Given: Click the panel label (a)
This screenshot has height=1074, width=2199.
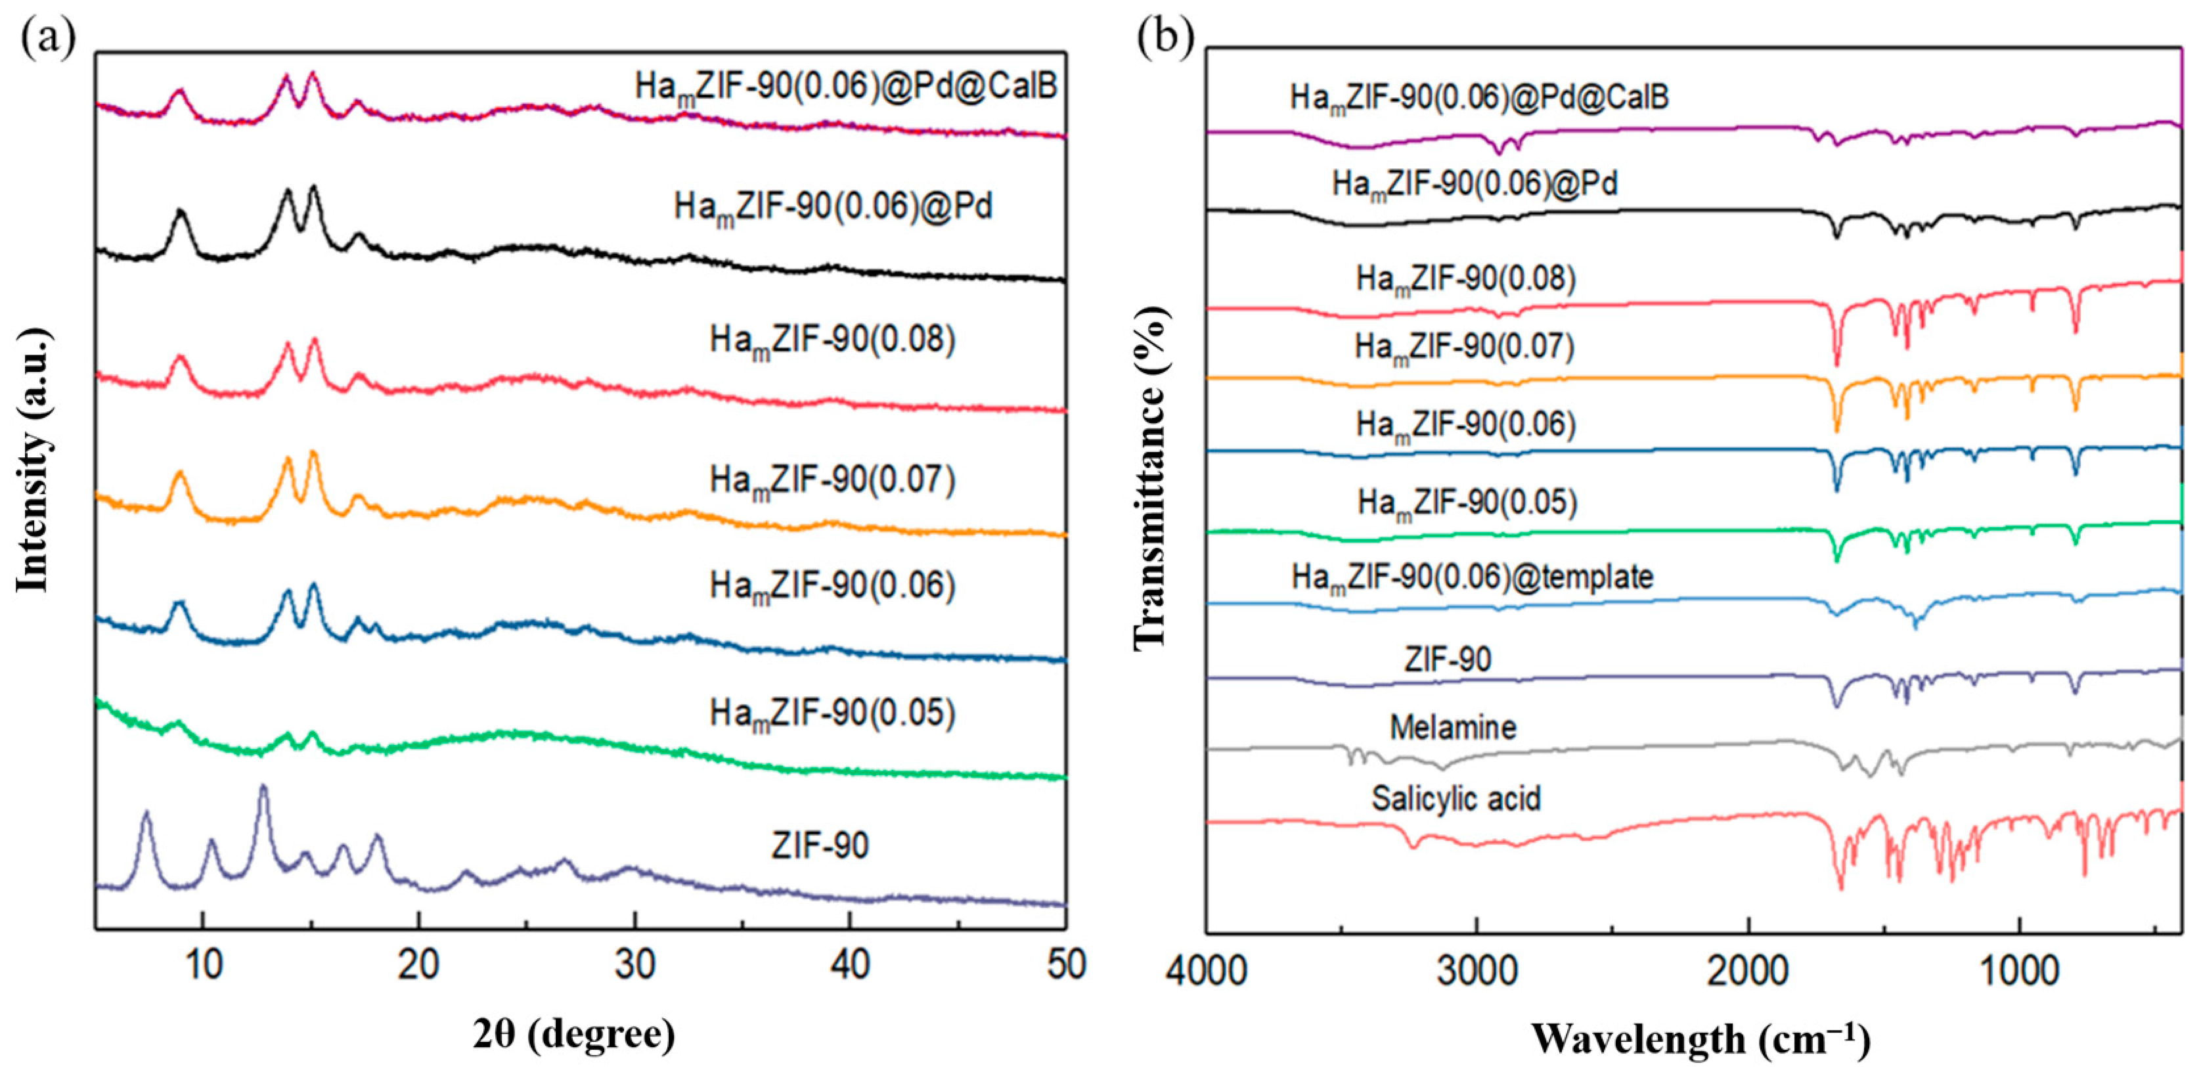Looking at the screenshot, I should pyautogui.click(x=48, y=38).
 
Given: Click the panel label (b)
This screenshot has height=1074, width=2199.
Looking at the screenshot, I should pyautogui.click(x=1165, y=38).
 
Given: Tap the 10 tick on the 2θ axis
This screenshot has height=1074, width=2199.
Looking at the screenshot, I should pyautogui.click(x=203, y=965).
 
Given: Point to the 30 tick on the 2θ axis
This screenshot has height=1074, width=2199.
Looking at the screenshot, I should pyautogui.click(x=634, y=965).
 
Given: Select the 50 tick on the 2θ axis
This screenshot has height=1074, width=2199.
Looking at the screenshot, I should pyautogui.click(x=1065, y=965).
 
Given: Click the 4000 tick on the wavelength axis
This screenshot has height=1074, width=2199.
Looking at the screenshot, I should pyautogui.click(x=1205, y=972).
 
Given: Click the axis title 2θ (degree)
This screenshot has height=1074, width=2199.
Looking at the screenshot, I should pyautogui.click(x=573, y=1034).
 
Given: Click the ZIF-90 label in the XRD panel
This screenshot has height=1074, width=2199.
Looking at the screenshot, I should pyautogui.click(x=820, y=845).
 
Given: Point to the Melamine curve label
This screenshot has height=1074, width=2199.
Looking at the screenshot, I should pyautogui.click(x=1453, y=727).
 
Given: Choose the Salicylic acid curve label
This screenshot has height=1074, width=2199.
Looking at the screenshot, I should pyautogui.click(x=1456, y=798).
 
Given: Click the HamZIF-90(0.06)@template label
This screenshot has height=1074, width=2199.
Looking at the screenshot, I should pyautogui.click(x=1472, y=578).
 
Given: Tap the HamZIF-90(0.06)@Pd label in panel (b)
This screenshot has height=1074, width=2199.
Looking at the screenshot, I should pyautogui.click(x=1475, y=185).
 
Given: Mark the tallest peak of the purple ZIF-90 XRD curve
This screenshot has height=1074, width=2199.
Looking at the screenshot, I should pyautogui.click(x=263, y=787).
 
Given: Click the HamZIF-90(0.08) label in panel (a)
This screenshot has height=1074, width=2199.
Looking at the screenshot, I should pyautogui.click(x=832, y=341).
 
